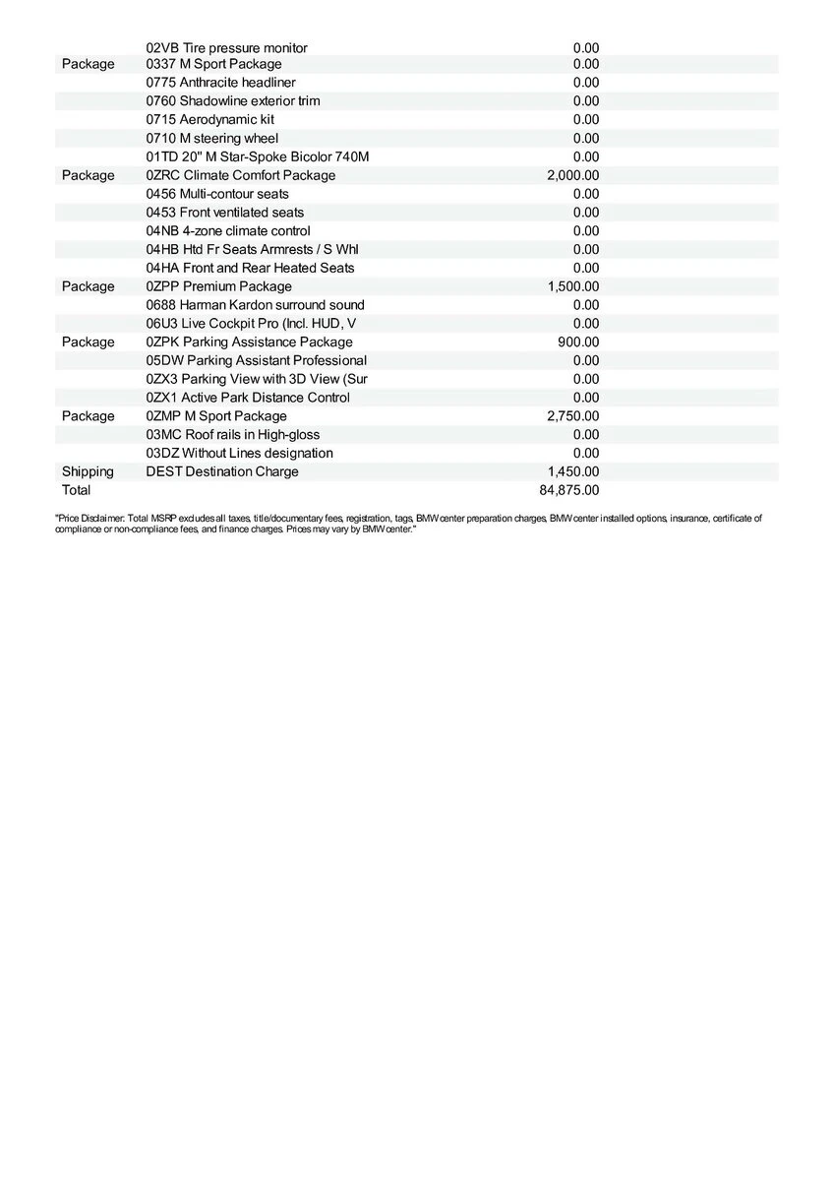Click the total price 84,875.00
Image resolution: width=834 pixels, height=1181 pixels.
coord(573,490)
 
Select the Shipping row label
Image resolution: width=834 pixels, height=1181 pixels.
coord(88,471)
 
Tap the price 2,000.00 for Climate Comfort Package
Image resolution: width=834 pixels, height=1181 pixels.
coord(573,175)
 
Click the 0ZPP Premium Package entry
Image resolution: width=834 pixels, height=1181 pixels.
coord(218,286)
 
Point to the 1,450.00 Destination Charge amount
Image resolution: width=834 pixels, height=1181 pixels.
coord(573,471)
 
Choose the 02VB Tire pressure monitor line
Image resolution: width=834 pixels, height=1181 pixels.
coord(226,47)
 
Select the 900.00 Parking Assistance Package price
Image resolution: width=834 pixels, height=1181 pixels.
coord(578,342)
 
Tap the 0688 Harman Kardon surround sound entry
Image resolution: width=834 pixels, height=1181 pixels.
coord(255,305)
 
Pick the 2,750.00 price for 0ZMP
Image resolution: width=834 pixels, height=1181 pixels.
coord(573,416)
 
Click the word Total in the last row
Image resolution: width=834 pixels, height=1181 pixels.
coord(76,490)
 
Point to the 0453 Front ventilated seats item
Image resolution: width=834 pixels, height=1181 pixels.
coord(224,213)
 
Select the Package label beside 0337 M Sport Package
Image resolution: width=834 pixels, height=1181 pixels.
coord(88,64)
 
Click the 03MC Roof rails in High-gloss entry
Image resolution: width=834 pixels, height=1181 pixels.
coord(232,435)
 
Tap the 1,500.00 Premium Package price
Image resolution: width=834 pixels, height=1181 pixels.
coord(573,286)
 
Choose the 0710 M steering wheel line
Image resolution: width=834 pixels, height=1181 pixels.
coord(211,139)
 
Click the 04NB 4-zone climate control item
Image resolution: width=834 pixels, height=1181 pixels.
coord(228,231)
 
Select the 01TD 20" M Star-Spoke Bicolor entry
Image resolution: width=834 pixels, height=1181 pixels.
coord(257,156)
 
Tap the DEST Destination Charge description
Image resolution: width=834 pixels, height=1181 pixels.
coord(221,471)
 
